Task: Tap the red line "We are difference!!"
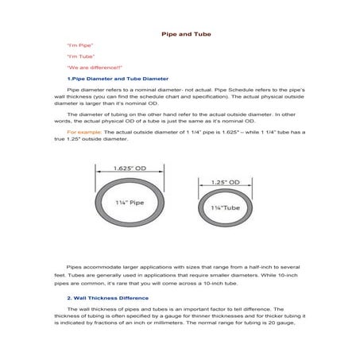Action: coord(88,68)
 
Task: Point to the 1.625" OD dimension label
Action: coord(128,168)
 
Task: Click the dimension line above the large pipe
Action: coord(128,175)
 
